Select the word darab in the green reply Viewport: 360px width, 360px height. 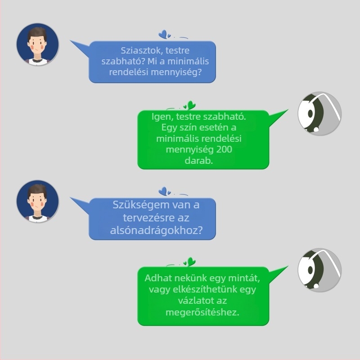(x=198, y=161)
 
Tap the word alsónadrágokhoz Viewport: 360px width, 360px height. (x=156, y=230)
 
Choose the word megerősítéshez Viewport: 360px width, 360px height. (x=202, y=312)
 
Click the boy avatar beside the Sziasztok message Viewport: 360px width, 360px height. (x=38, y=44)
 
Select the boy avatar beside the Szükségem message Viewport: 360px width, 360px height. (x=38, y=201)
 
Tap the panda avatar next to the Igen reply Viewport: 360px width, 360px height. (x=319, y=114)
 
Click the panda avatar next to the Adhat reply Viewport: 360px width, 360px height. (x=319, y=270)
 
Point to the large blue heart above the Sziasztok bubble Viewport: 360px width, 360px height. (x=163, y=34)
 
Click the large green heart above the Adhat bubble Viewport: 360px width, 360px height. (x=191, y=262)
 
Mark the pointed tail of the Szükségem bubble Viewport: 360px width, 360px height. (x=71, y=198)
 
